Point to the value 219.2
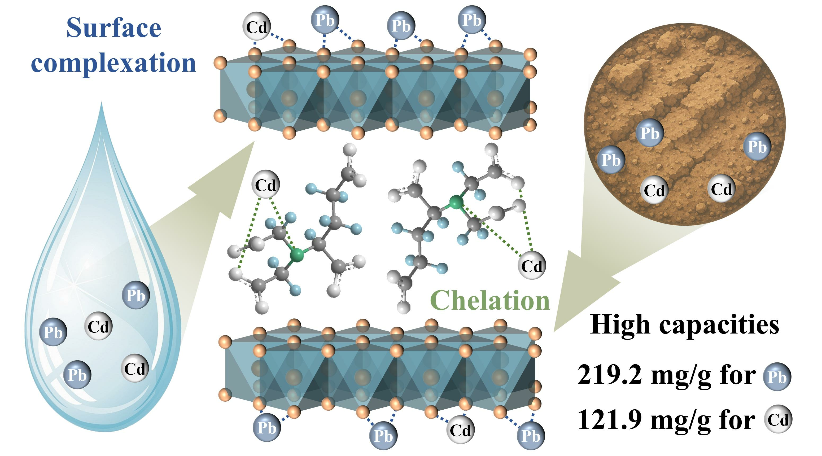pos(610,375)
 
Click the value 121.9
pos(610,420)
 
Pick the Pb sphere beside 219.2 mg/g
pos(777,377)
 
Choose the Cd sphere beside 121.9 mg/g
pos(778,419)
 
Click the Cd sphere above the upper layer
pos(257,27)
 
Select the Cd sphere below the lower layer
pos(460,430)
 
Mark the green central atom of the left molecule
pos(298,255)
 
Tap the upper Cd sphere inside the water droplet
pos(98,326)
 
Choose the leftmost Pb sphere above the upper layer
pos(325,20)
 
